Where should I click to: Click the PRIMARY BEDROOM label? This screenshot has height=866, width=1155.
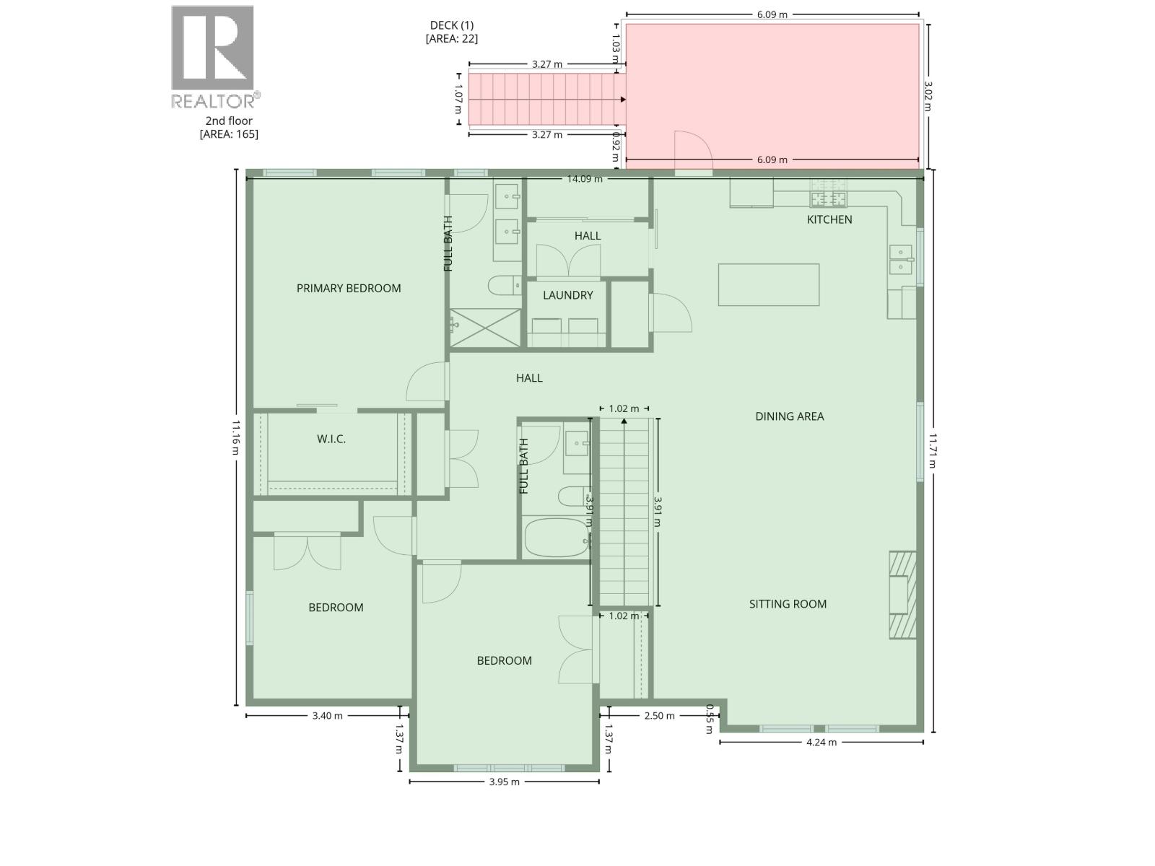click(349, 289)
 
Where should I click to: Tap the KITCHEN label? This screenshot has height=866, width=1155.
click(829, 219)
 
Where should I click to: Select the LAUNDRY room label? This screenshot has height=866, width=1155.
click(568, 295)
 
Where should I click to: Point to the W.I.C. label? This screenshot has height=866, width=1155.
click(331, 439)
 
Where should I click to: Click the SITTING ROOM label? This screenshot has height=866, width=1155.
click(788, 604)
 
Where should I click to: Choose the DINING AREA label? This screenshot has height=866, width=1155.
click(789, 416)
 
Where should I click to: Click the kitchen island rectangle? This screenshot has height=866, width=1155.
click(769, 284)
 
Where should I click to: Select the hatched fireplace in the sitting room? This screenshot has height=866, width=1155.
click(902, 595)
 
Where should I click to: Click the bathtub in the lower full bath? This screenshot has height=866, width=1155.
click(557, 538)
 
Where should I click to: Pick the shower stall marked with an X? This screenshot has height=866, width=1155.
click(485, 328)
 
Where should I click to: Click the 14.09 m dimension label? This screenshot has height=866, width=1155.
click(585, 179)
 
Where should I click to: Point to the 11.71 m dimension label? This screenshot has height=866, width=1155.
click(932, 450)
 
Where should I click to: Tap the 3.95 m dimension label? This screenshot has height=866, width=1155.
click(505, 782)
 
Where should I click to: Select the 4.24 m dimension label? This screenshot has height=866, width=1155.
click(821, 742)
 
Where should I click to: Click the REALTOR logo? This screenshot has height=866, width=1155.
click(214, 58)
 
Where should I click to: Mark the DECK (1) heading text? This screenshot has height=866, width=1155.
click(452, 25)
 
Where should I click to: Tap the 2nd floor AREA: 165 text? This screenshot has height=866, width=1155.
click(229, 128)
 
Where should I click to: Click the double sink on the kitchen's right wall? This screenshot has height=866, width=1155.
click(902, 260)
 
